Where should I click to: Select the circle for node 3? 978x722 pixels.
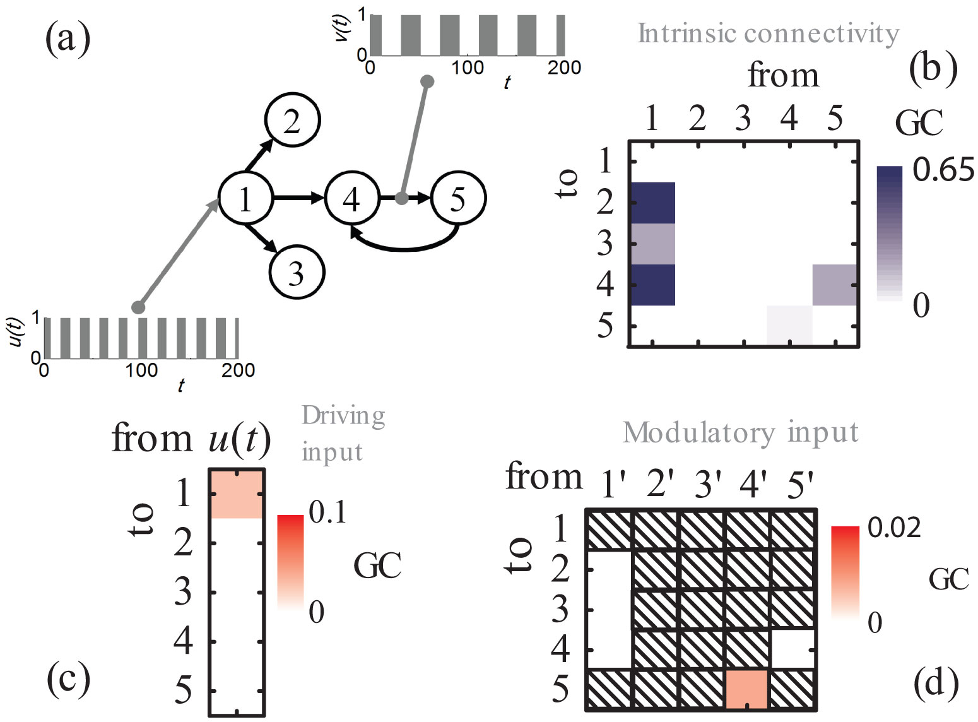click(x=297, y=273)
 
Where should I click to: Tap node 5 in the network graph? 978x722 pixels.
click(x=458, y=198)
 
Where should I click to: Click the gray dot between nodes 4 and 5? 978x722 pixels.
click(x=401, y=198)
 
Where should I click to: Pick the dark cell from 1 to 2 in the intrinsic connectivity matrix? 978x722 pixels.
click(x=653, y=203)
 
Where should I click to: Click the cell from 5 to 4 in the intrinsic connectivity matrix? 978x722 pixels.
click(x=834, y=285)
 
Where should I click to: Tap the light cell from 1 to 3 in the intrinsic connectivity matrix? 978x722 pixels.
click(x=653, y=244)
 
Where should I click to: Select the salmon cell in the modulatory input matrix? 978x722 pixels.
click(x=747, y=689)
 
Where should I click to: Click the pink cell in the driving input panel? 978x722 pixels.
click(x=236, y=495)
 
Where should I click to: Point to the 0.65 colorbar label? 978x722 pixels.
click(x=943, y=170)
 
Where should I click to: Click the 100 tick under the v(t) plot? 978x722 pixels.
click(x=468, y=68)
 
